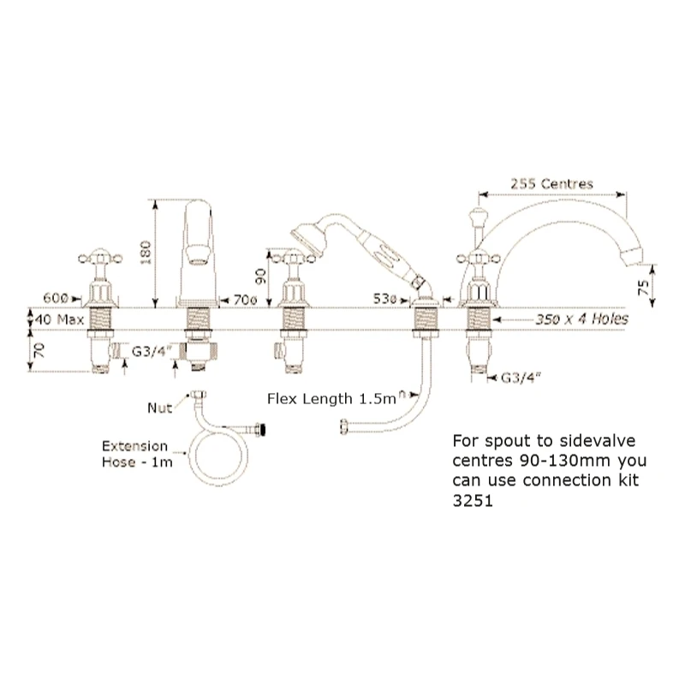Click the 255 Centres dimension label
pyautogui.click(x=551, y=182)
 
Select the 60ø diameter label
pyautogui.click(x=55, y=296)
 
